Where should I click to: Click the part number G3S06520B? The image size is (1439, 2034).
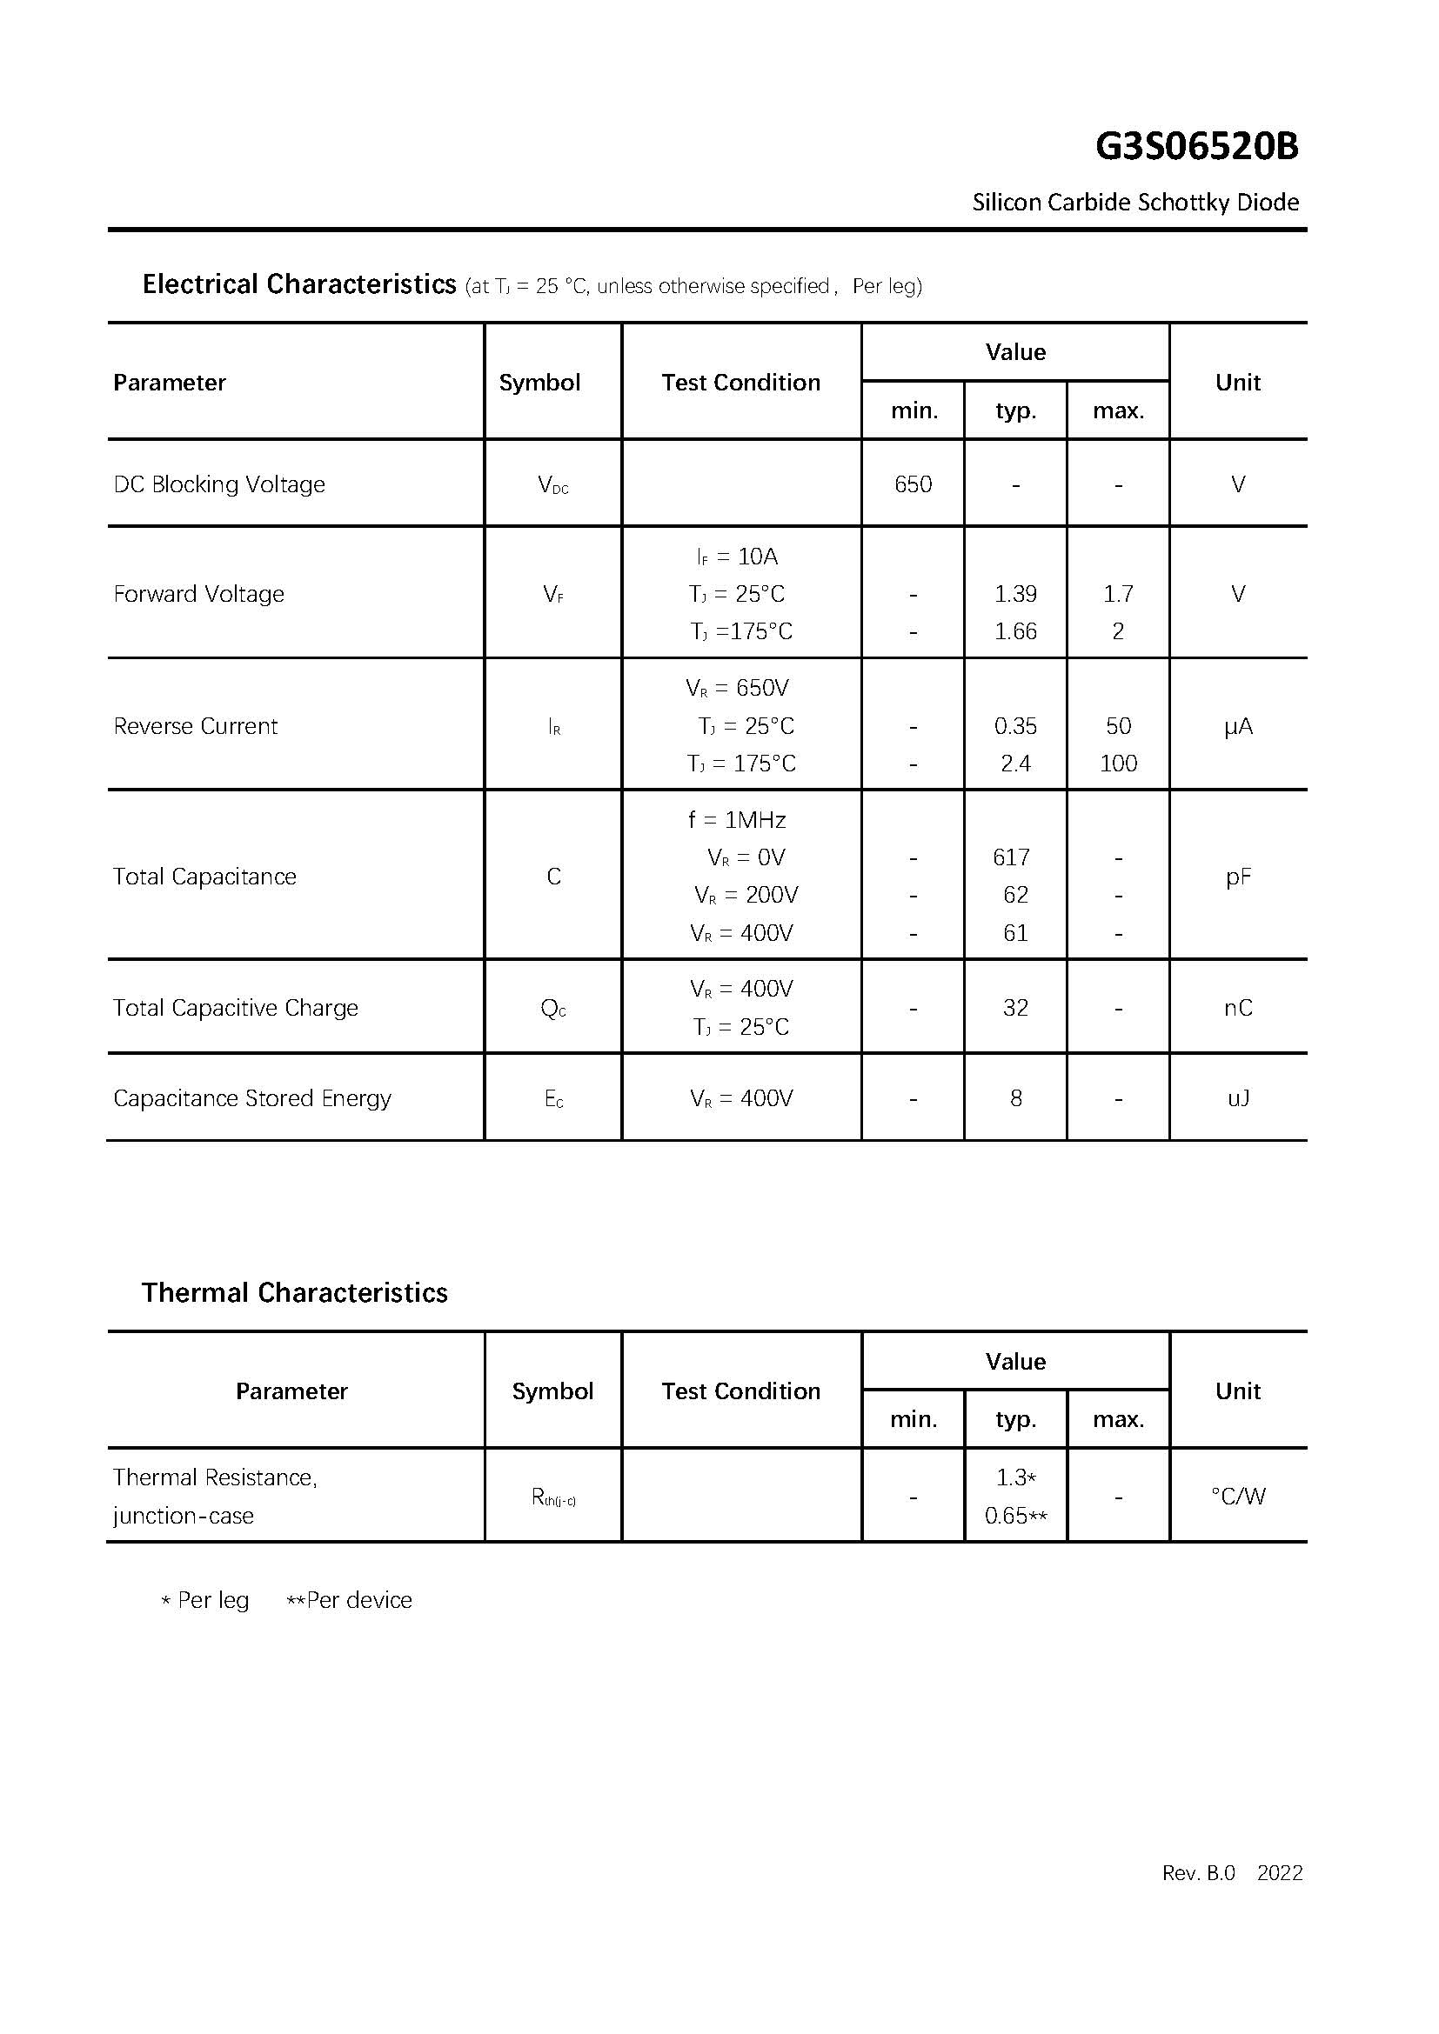(1196, 147)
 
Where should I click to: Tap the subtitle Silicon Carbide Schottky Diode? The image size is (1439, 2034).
(1135, 203)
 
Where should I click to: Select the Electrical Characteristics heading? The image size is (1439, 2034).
(299, 284)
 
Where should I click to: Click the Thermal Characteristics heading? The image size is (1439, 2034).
(294, 1292)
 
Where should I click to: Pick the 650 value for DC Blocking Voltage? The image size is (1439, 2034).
(913, 484)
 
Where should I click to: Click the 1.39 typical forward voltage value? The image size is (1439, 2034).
(1015, 594)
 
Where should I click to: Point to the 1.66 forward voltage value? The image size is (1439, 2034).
(1015, 631)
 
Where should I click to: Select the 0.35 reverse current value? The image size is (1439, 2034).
(1015, 726)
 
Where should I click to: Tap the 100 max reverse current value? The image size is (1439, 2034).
(1118, 764)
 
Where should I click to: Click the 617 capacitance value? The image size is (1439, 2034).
(1011, 857)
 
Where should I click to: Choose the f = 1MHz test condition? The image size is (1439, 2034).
(737, 820)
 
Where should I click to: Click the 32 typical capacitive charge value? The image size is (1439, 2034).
(1015, 1008)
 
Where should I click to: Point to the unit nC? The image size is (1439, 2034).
(1238, 1008)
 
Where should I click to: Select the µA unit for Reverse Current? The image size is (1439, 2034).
(1238, 727)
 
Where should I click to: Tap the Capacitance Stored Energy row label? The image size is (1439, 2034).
(252, 1098)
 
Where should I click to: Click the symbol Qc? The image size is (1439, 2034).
(553, 1009)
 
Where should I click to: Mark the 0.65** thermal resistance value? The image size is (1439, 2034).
(1015, 1516)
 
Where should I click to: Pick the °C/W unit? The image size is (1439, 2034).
(1238, 1497)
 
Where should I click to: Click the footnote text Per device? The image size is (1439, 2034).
(358, 1600)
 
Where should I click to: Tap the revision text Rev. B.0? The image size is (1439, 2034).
(1198, 1873)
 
